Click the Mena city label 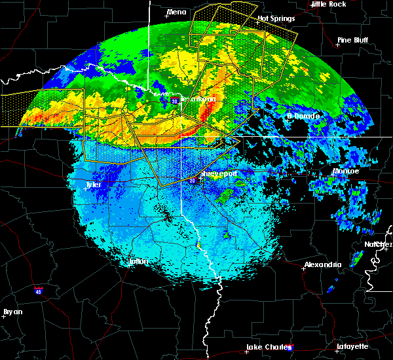pyautogui.click(x=177, y=12)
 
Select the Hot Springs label pyautogui.click(x=274, y=18)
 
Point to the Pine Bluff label pyautogui.click(x=352, y=40)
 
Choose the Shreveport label pyautogui.click(x=219, y=173)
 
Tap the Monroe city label pyautogui.click(x=346, y=171)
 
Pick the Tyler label pyautogui.click(x=94, y=185)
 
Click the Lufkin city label pyautogui.click(x=138, y=261)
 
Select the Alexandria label pyautogui.click(x=322, y=265)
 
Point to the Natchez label pyautogui.click(x=379, y=243)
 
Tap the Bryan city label pyautogui.click(x=13, y=312)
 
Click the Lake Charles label pyautogui.click(x=267, y=347)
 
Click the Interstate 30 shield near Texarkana pyautogui.click(x=174, y=101)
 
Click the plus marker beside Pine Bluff pyautogui.click(x=339, y=45)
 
